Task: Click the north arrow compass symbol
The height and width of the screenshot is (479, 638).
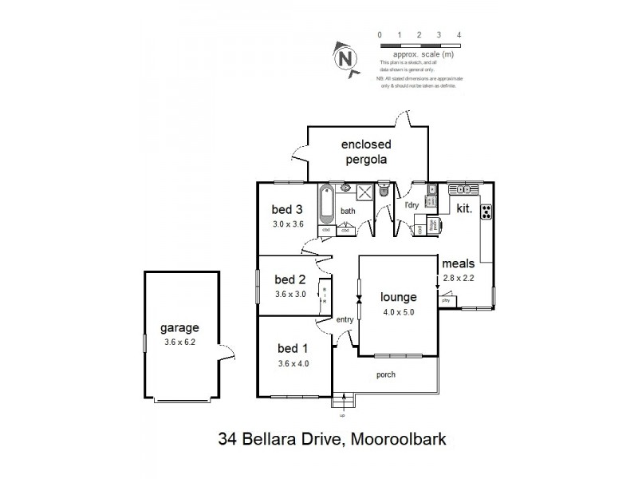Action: pos(345,57)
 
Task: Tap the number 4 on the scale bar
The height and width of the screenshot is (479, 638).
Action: pos(459,34)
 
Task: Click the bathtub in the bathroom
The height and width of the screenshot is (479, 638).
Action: pos(327,205)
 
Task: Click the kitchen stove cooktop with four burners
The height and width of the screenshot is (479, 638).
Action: pos(485,212)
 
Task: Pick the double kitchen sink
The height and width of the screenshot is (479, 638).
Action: pos(463,190)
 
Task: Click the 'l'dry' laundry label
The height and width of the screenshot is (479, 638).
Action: pos(412,206)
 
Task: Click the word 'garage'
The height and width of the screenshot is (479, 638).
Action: pos(179,327)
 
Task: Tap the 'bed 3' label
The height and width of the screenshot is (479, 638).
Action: pos(287,210)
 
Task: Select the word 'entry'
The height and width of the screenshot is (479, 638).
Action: pos(345,319)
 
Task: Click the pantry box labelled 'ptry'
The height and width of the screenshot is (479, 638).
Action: pos(447,300)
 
